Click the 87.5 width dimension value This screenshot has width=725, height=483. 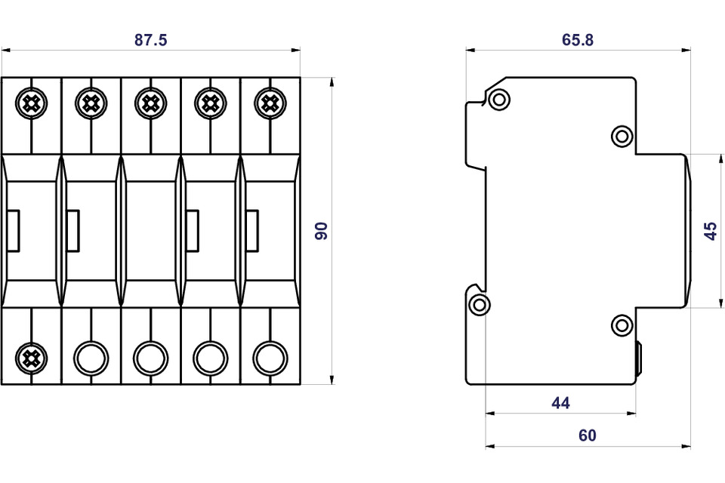[150, 41]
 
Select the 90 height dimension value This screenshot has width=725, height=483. [322, 231]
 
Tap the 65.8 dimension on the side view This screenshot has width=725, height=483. [578, 41]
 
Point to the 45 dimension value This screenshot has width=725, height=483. [711, 231]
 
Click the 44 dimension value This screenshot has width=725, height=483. [560, 403]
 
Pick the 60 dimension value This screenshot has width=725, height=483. [587, 435]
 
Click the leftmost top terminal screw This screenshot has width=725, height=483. [31, 103]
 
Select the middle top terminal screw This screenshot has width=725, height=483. [150, 103]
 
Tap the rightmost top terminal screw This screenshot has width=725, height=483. [270, 103]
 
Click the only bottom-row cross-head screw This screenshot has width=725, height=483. [31, 358]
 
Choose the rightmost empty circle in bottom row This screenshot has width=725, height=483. [270, 358]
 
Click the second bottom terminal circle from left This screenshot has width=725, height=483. [91, 358]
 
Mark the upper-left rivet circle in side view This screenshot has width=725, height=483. [498, 99]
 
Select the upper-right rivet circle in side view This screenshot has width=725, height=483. [622, 136]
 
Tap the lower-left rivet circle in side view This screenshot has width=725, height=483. [480, 305]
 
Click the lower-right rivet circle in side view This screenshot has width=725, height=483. [622, 325]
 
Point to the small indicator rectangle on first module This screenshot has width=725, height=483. [13, 231]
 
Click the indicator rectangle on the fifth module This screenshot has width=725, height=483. [251, 231]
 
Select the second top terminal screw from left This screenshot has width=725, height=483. [91, 103]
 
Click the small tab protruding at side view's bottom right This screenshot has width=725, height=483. [639, 359]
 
